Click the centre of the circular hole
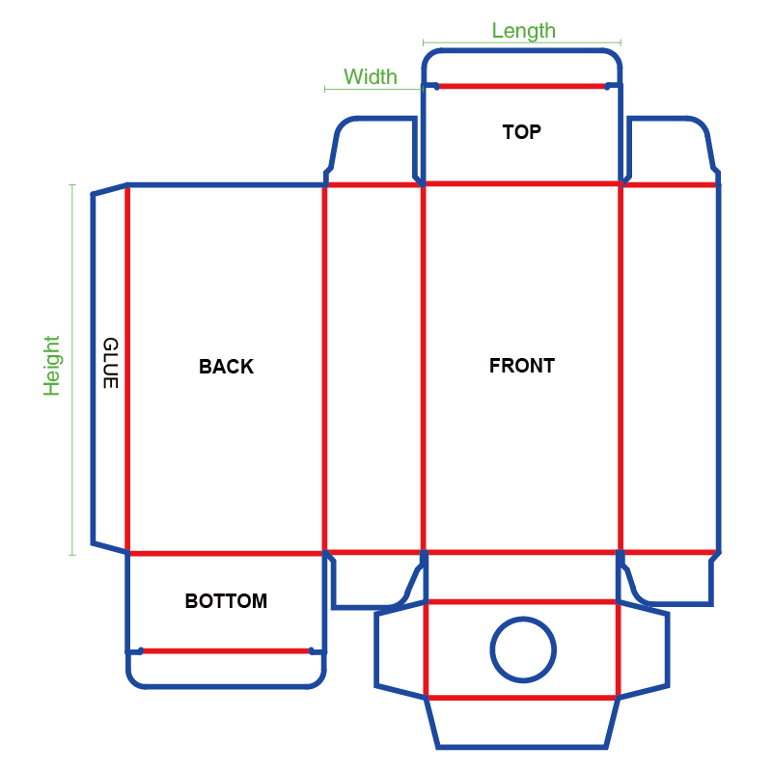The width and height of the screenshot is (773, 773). coord(523,649)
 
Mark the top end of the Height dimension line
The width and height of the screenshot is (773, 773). coord(72,185)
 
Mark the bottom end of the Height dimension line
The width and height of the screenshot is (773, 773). coord(72,555)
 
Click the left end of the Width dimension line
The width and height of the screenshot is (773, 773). coord(325,89)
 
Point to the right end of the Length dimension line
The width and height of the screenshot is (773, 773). coord(621,42)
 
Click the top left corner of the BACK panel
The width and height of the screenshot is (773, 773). coord(127,185)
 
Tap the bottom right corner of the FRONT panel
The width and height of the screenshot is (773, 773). coord(621,552)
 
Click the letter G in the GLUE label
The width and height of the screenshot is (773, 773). coord(110,345)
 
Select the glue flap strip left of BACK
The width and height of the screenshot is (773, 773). coord(110,369)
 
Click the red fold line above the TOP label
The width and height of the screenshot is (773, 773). coord(522,86)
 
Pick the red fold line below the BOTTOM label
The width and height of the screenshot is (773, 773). coord(226,651)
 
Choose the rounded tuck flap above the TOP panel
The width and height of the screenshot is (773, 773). coord(522,67)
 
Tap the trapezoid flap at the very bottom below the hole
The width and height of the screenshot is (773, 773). coord(522,723)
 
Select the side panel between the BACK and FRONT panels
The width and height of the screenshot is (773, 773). coord(373,369)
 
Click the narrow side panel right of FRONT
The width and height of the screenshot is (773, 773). coord(670,369)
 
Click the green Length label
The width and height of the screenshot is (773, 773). coord(524,31)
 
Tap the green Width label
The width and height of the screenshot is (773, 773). coord(371,77)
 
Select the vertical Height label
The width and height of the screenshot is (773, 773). coord(51,366)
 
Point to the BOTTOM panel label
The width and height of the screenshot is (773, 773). coord(226,601)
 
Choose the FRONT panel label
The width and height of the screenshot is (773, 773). coord(522,366)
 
